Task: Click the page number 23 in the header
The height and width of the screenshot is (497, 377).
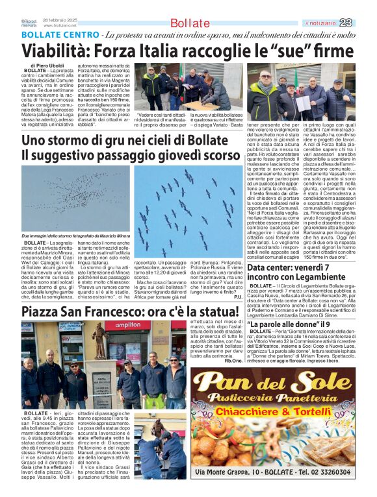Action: pos(363,23)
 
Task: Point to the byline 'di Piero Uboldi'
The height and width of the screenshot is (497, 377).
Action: pos(47,66)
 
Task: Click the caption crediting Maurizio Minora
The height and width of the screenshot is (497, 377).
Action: pos(75,235)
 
